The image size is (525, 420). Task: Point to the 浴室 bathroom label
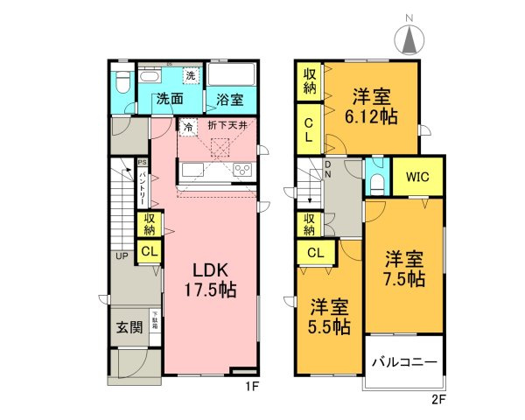[x=231, y=100]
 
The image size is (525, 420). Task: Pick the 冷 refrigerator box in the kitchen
[x=188, y=127]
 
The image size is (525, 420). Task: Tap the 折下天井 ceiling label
[x=230, y=126]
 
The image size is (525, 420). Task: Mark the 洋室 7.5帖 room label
[x=403, y=269]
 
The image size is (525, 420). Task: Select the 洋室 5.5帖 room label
[x=330, y=317]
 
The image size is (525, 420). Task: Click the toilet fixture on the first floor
[x=122, y=83]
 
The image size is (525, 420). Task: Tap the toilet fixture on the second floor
[x=376, y=181]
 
